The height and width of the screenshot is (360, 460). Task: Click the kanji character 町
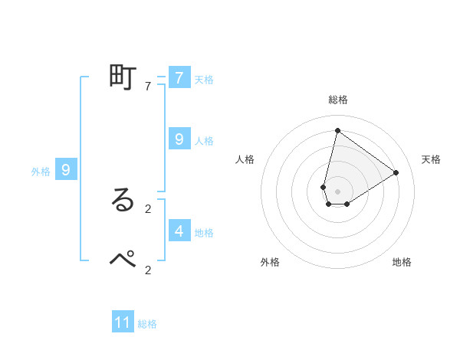(x=123, y=78)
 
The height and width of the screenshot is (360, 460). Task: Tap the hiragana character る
(x=123, y=200)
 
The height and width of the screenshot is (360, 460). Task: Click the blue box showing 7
(x=179, y=78)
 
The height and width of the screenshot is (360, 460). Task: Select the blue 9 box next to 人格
(x=179, y=139)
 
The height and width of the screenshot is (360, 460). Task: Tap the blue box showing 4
(x=179, y=231)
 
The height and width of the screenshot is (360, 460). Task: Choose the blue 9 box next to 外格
(x=66, y=170)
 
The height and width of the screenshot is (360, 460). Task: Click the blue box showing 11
(x=123, y=322)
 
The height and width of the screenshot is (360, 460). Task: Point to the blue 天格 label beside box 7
(x=204, y=80)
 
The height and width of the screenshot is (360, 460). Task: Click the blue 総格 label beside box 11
(x=147, y=324)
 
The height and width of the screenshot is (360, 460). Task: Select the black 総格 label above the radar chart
(x=337, y=100)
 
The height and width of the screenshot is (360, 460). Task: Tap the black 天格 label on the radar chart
(x=431, y=159)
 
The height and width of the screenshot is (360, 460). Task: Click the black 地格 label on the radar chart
(x=402, y=262)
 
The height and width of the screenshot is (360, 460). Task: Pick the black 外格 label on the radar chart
(x=270, y=262)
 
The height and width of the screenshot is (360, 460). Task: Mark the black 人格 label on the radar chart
(x=245, y=159)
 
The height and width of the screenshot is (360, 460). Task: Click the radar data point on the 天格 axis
(x=396, y=172)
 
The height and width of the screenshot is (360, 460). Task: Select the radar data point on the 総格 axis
(x=337, y=130)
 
